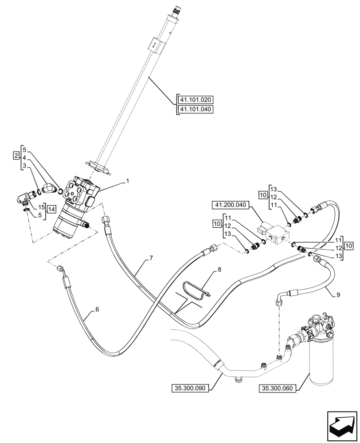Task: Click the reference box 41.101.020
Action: [196, 100]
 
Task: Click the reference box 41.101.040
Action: [196, 109]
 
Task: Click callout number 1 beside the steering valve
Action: [127, 181]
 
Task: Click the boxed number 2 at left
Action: [16, 156]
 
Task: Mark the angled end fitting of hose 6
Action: [61, 269]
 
